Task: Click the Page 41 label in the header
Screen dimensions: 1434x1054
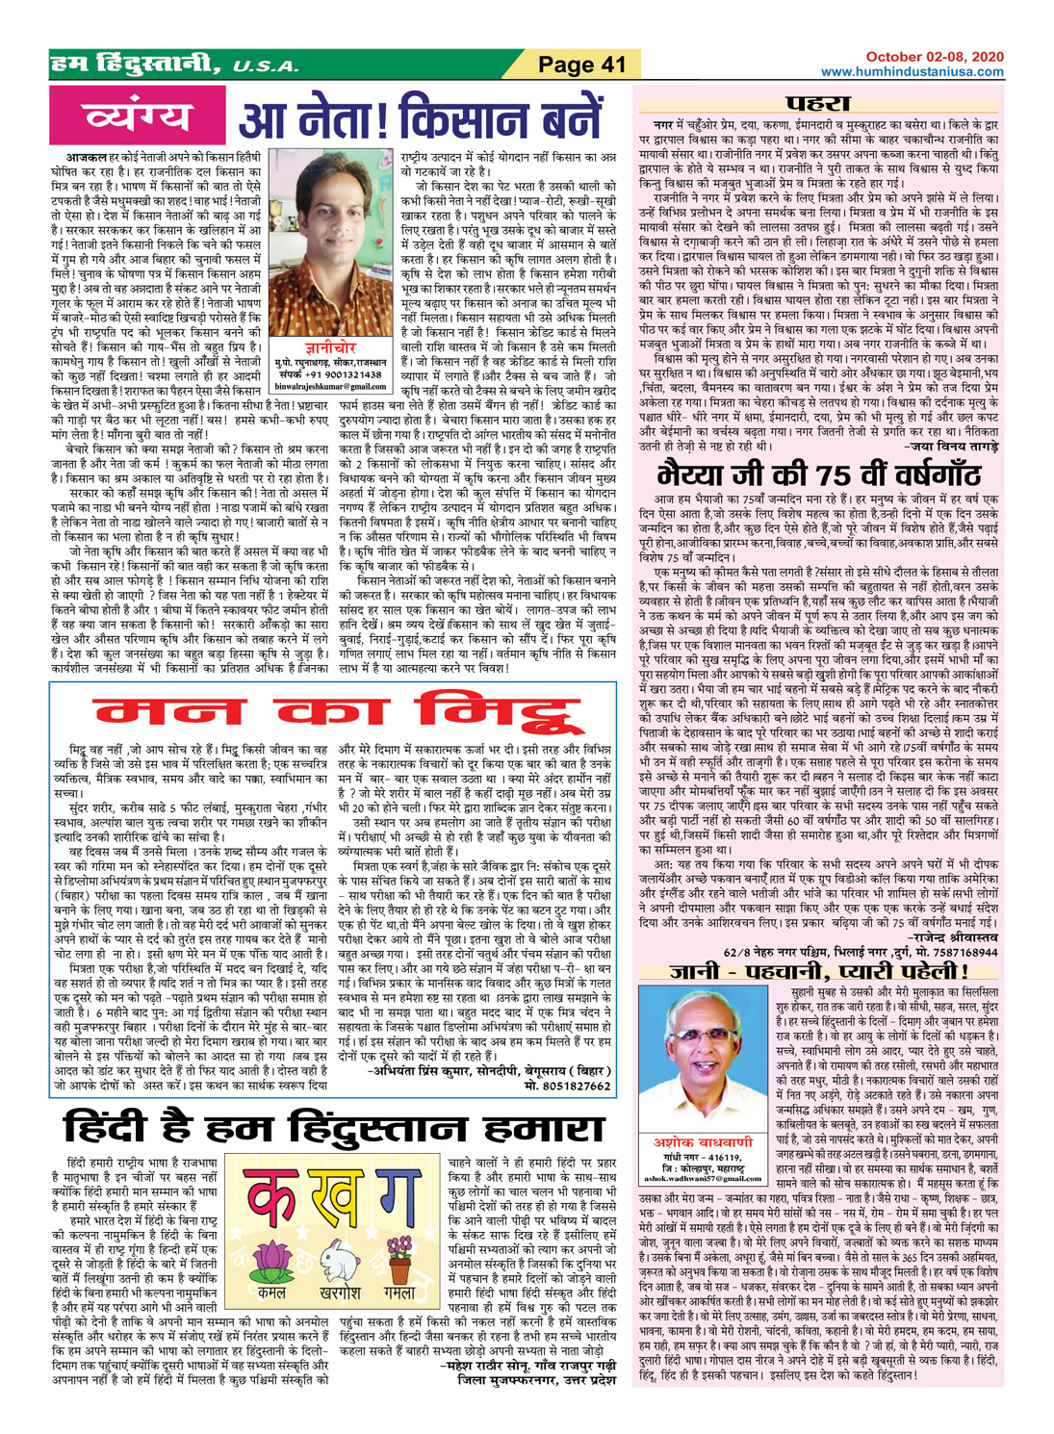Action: pos(581,64)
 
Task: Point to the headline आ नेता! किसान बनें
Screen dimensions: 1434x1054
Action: pos(420,119)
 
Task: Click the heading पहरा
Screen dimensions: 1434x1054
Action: pos(818,103)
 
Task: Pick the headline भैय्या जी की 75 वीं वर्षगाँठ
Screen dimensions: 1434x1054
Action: pos(818,474)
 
